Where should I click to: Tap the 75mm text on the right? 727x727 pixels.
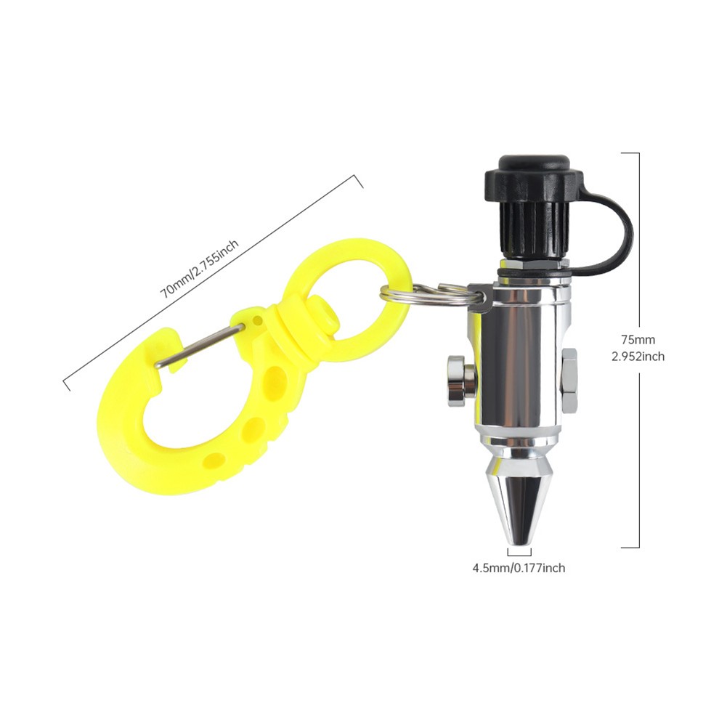coord(638,340)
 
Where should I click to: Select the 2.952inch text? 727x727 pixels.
coord(638,357)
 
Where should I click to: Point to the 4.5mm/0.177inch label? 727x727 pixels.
coord(519,567)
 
